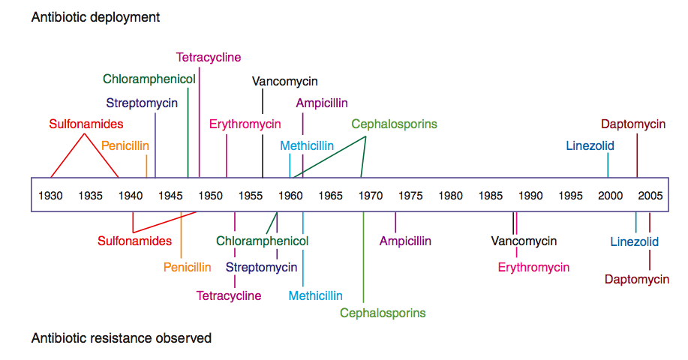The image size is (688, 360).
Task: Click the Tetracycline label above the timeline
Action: click(x=209, y=57)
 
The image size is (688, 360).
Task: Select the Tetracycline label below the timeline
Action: click(x=229, y=295)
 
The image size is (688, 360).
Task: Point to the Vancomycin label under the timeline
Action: click(x=524, y=241)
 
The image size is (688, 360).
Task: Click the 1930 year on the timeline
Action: click(x=51, y=196)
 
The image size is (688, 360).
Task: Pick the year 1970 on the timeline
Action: click(x=370, y=196)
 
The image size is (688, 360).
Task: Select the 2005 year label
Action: click(x=650, y=196)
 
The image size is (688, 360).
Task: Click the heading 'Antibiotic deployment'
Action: click(x=95, y=16)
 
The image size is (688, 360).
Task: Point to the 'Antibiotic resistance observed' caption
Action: click(x=122, y=338)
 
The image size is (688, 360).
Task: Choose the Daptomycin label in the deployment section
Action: click(x=633, y=124)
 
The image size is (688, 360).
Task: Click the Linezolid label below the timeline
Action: click(x=634, y=241)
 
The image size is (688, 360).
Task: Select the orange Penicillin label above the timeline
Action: click(x=125, y=145)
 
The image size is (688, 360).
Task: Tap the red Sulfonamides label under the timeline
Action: click(x=134, y=241)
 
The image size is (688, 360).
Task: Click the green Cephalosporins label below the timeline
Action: click(x=383, y=313)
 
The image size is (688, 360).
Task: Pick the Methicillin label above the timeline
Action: click(x=307, y=145)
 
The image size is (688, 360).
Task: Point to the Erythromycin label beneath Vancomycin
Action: click(x=533, y=267)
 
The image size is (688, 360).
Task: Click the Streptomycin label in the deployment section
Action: click(x=142, y=103)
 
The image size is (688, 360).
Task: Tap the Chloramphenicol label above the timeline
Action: click(x=149, y=79)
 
